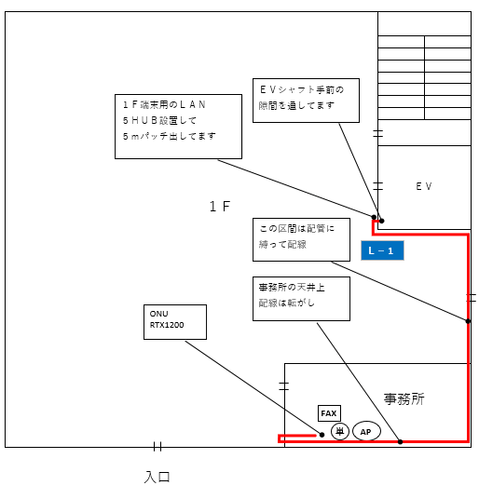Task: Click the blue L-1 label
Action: [x=382, y=250]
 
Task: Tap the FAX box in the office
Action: [x=329, y=413]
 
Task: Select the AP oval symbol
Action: [x=366, y=432]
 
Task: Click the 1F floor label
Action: [x=220, y=207]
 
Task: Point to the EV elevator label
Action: [x=424, y=186]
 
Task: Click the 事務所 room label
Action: [x=404, y=399]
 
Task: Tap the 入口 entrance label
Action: [x=157, y=477]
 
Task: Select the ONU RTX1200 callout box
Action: [x=175, y=322]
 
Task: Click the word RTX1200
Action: [x=167, y=325]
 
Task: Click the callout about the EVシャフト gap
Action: [x=306, y=101]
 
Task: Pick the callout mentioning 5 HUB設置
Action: [x=178, y=127]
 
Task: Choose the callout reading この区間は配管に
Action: [x=301, y=239]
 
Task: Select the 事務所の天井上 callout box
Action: [x=301, y=299]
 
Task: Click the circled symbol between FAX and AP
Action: [x=340, y=431]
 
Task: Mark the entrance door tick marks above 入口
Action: [x=157, y=446]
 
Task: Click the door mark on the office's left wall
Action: [x=284, y=386]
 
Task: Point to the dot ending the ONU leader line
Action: [x=322, y=435]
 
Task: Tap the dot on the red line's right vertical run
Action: [x=468, y=321]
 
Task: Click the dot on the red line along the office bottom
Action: [x=401, y=441]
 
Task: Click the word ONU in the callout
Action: [x=158, y=314]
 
